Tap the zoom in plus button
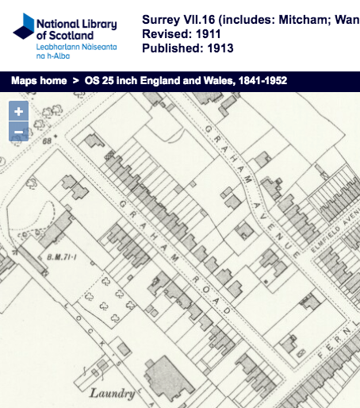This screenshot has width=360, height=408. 18,112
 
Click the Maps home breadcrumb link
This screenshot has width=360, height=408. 37,81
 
